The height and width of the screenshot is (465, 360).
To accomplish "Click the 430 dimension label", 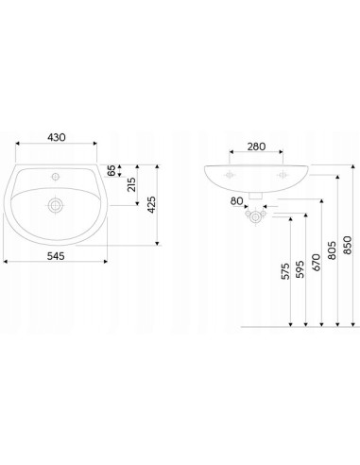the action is (57, 137).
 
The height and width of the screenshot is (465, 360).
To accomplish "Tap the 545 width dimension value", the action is (56, 256).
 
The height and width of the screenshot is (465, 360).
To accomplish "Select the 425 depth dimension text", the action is (151, 204).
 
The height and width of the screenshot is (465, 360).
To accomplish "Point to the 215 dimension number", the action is (132, 184).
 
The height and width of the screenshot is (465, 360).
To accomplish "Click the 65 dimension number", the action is (111, 171).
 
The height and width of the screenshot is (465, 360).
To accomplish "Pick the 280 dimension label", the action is (256, 146).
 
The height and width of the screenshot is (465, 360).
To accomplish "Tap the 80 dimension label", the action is (236, 201).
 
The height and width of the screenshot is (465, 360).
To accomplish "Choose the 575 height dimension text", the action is (285, 271).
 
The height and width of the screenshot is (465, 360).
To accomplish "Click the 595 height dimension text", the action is (300, 269).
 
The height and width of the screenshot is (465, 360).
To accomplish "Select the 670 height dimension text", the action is (316, 263).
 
